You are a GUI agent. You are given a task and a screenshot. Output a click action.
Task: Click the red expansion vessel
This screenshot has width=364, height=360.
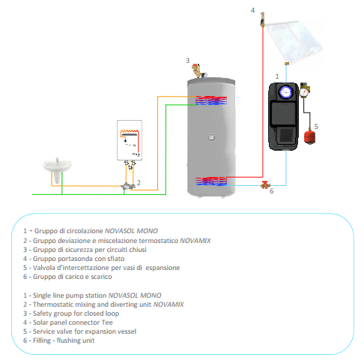(x=309, y=136)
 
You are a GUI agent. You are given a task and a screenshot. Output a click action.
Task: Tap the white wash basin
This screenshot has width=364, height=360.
(x=57, y=167)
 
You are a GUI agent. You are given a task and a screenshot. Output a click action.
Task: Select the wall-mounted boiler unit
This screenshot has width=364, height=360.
(x=130, y=140)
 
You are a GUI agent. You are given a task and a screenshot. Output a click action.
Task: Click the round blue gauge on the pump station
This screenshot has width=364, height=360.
(x=285, y=91)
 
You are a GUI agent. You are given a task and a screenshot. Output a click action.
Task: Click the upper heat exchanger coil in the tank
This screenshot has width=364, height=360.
(x=211, y=100)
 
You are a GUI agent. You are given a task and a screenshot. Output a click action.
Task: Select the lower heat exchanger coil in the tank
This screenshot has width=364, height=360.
(x=211, y=181)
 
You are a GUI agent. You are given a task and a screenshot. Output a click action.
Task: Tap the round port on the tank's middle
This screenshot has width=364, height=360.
(x=211, y=137)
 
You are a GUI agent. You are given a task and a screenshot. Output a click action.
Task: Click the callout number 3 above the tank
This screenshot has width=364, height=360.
(x=187, y=61)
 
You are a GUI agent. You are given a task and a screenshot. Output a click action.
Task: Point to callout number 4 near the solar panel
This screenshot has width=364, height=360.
(x=252, y=10)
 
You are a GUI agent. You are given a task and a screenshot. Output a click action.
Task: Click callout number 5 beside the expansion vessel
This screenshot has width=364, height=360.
(x=316, y=127)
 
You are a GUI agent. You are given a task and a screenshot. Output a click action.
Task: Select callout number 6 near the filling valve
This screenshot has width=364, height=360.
(x=272, y=191)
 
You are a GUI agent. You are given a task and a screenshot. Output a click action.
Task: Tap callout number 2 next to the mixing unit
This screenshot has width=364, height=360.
(x=139, y=183)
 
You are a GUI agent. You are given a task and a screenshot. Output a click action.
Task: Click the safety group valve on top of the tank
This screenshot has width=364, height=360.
(x=198, y=70)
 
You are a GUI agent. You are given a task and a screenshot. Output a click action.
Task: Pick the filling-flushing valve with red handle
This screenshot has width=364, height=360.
(x=265, y=185)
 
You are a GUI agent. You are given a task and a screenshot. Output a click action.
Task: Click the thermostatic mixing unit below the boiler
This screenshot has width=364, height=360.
(x=127, y=186)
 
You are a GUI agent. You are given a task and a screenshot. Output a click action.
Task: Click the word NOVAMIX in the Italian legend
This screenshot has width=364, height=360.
(x=195, y=241)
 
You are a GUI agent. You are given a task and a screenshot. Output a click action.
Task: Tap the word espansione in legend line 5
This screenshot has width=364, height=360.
(x=163, y=268)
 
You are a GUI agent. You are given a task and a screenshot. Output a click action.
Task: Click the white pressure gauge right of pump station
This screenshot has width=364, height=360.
(x=304, y=92)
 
